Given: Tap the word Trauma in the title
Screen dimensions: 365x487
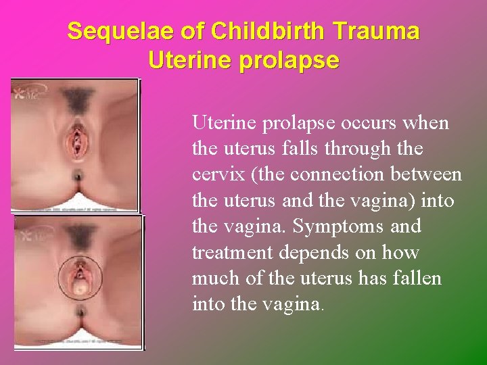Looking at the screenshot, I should coord(380,31).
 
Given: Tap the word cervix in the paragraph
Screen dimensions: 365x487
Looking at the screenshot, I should coord(214,175).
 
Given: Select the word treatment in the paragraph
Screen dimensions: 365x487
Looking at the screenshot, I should coord(227,253).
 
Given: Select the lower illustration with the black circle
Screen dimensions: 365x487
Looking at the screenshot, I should coord(77,281).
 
